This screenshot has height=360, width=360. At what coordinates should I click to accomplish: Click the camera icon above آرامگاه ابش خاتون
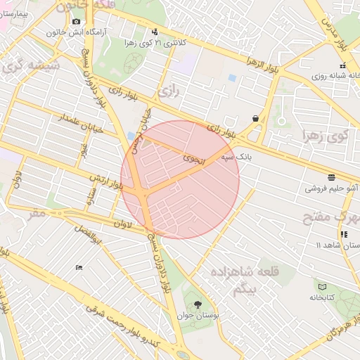pos(76,22)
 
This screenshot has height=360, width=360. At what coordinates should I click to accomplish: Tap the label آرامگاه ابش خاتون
pos(76,32)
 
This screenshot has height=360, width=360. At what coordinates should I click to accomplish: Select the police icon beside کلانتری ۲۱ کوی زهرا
pos(155,32)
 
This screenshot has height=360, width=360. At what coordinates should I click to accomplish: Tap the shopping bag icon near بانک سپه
pos(255,118)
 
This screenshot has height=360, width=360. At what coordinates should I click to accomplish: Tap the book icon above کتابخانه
pos(323,287)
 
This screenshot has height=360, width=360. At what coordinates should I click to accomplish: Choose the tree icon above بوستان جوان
pos(197,304)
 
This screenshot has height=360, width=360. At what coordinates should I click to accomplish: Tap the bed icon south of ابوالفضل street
pos(79,267)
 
